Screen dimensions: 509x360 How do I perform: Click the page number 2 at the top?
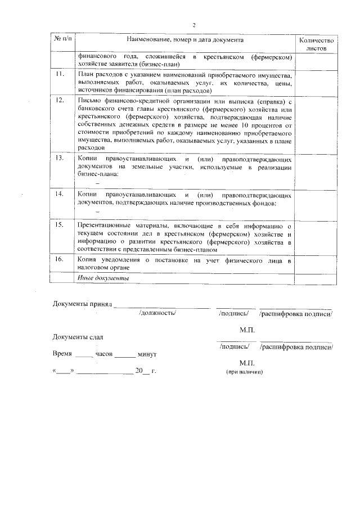(x=193, y=25)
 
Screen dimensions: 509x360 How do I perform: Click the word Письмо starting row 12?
(x=87, y=100)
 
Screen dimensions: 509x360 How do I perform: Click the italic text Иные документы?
(x=103, y=278)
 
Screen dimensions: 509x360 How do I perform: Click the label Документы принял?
(x=83, y=304)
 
